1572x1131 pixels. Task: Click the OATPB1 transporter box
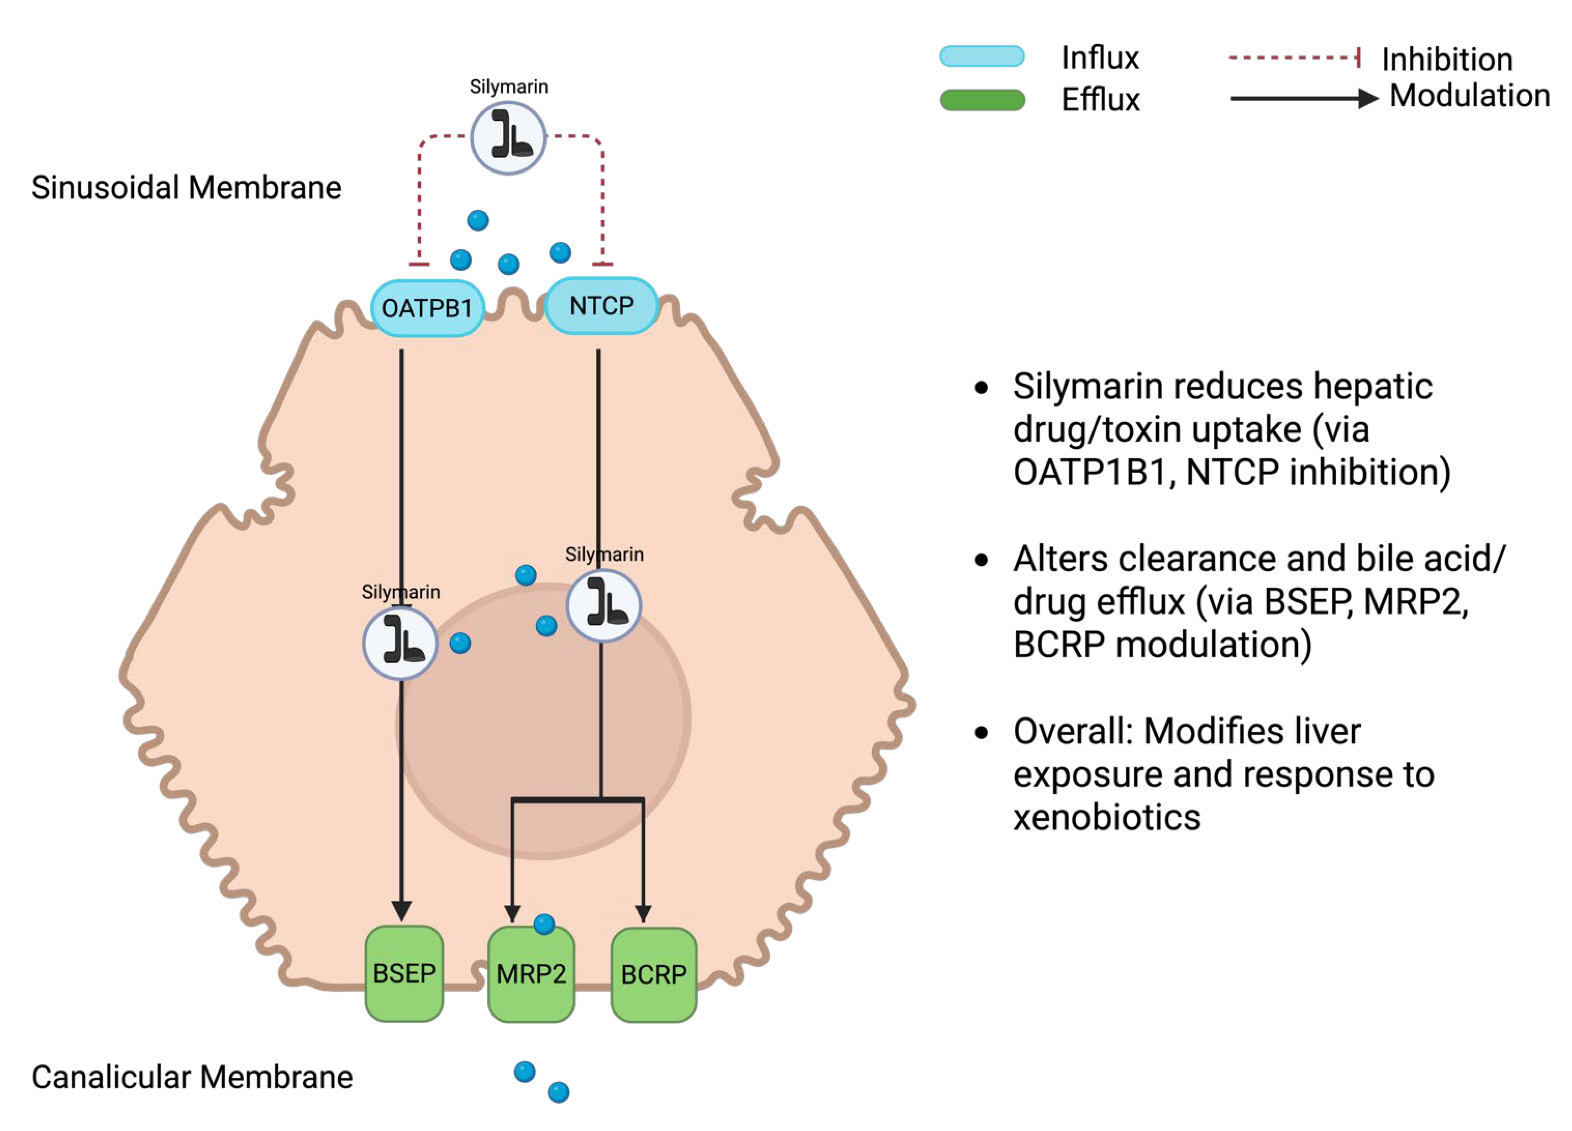pyautogui.click(x=427, y=308)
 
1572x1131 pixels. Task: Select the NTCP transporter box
pyautogui.click(x=601, y=306)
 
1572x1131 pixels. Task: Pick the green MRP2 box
pyautogui.click(x=531, y=974)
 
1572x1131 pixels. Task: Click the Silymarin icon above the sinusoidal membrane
pyautogui.click(x=508, y=138)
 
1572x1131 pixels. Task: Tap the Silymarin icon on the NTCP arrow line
pyautogui.click(x=603, y=605)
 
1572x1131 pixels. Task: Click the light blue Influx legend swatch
pyautogui.click(x=982, y=56)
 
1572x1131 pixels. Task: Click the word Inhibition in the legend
pyautogui.click(x=1447, y=59)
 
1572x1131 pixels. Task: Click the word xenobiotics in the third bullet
pyautogui.click(x=1106, y=817)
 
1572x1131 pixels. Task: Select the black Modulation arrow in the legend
pyautogui.click(x=1303, y=98)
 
